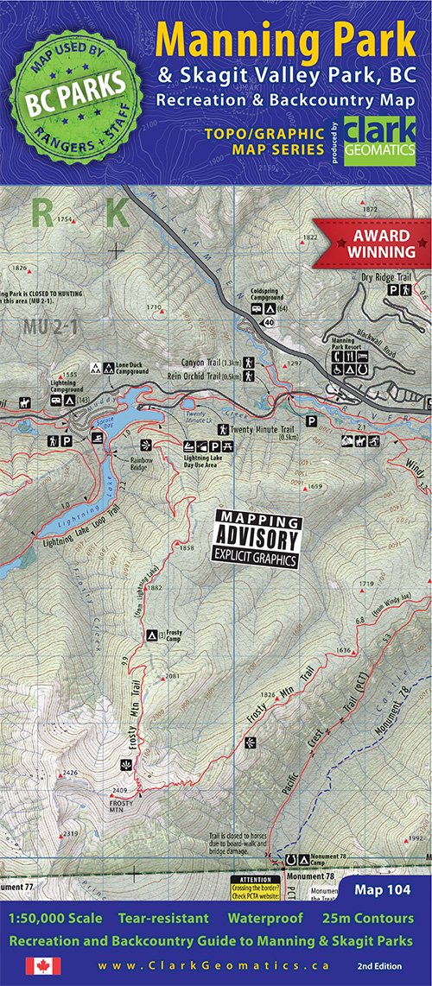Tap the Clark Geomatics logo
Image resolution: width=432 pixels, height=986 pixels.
coord(378,140)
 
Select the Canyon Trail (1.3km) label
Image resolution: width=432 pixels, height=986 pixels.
coord(211,362)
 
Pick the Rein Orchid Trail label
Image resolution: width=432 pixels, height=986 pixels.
coord(211,376)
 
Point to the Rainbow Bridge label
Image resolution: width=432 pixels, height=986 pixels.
coord(142,464)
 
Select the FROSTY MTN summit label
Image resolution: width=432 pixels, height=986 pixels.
coord(121,802)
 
